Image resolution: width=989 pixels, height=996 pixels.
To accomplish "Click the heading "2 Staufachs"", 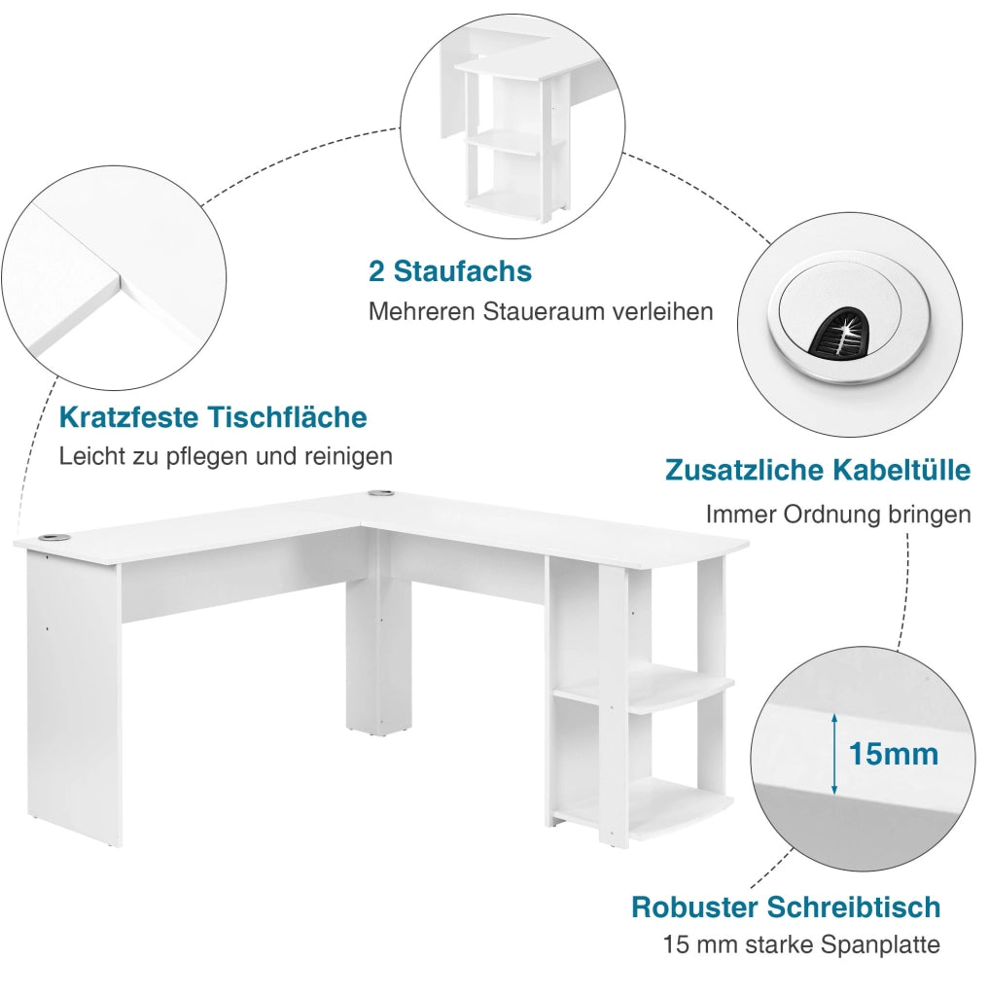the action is coord(449,271).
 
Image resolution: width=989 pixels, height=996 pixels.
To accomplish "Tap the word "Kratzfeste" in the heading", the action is coord(129,417).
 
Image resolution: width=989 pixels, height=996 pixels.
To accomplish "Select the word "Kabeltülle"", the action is coord(901,470).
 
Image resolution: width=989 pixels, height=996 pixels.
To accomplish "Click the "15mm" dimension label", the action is coord(893,754).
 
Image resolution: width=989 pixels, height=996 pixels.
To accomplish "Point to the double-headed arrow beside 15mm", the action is coord(834,754).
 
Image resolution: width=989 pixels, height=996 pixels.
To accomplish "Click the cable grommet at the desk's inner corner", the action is coord(381,492).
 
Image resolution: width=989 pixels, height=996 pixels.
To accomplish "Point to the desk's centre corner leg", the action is coord(379,655).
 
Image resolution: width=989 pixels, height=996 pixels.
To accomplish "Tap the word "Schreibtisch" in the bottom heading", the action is coord(854,907).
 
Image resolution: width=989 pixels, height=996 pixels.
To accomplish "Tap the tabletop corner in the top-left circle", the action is coord(120,279).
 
